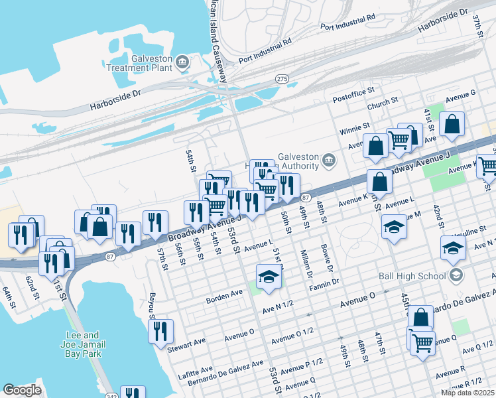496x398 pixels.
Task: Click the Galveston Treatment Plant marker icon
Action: tap(184, 63)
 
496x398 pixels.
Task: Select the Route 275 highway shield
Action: tap(282, 79)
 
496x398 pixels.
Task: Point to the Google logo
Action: tap(22, 390)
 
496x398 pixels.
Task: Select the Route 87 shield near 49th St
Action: tap(306, 198)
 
